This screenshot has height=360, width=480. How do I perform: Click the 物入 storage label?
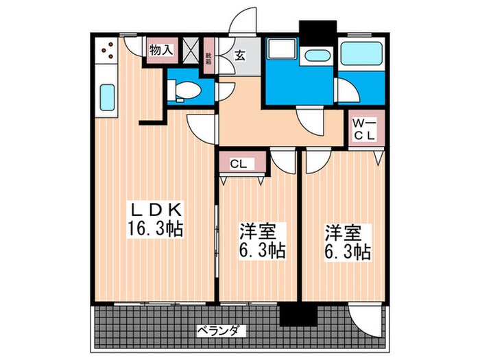[160, 50]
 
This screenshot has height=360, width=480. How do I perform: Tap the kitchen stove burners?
[108, 49]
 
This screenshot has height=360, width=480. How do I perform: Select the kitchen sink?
[108, 97]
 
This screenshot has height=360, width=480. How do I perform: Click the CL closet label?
[238, 164]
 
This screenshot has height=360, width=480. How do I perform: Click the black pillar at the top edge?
[317, 32]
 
